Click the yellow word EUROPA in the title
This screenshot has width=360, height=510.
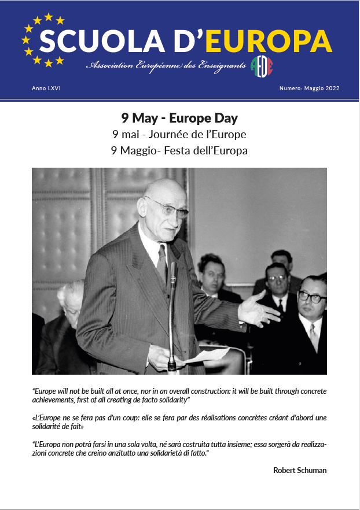point(270,42)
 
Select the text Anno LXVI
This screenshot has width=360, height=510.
point(46,88)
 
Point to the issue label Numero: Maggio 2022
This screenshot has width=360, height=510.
point(309,88)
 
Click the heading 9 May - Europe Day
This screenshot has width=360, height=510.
point(179,118)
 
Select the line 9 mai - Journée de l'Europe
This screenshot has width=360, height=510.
point(179,135)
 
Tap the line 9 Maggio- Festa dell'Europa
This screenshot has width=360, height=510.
point(179,151)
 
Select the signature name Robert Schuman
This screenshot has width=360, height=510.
point(300,470)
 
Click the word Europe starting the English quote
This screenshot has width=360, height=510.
point(46,390)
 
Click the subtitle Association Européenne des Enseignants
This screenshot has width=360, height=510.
point(167,67)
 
